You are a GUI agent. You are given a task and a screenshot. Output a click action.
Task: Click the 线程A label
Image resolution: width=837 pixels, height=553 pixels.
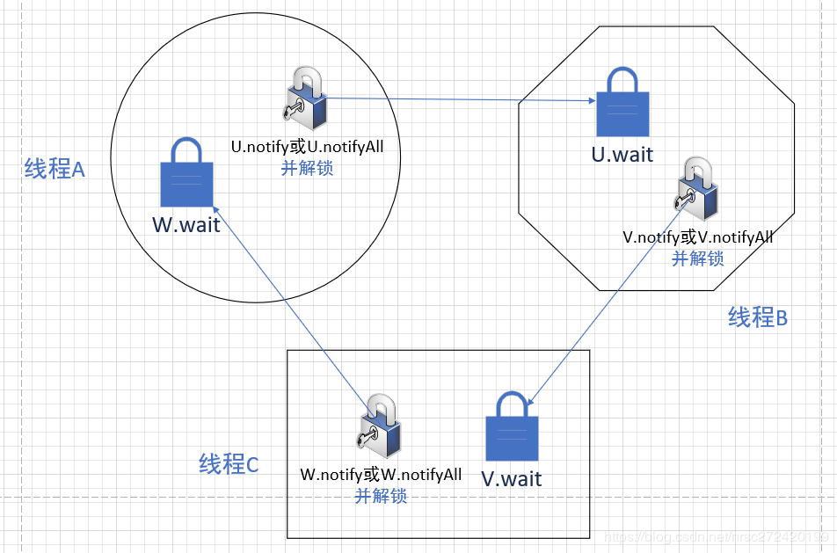point(55,169)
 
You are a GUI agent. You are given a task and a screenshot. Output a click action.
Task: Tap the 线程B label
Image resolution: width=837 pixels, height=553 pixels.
point(758,317)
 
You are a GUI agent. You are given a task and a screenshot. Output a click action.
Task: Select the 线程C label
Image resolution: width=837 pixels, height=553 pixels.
point(229,464)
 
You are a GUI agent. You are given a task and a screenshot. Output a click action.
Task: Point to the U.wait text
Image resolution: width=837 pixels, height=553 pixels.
point(622,155)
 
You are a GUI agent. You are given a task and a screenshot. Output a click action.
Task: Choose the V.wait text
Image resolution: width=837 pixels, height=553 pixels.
point(512,478)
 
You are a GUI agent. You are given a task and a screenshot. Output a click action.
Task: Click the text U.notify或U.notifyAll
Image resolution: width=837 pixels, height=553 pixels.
point(307,147)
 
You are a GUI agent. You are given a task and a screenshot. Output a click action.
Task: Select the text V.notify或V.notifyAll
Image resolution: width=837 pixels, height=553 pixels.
point(698,236)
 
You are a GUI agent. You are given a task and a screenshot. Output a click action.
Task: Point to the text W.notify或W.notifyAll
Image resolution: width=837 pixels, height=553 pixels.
point(381,475)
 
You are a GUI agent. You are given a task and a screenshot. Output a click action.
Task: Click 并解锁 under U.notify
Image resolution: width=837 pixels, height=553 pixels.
point(307,168)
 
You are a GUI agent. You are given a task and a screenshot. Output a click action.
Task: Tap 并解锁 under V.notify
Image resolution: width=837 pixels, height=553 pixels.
point(698,258)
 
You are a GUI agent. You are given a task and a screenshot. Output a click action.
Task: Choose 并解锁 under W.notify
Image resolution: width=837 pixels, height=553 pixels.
point(381,496)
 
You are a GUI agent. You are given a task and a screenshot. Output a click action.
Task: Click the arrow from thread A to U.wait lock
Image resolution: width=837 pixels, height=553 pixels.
point(457,99)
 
